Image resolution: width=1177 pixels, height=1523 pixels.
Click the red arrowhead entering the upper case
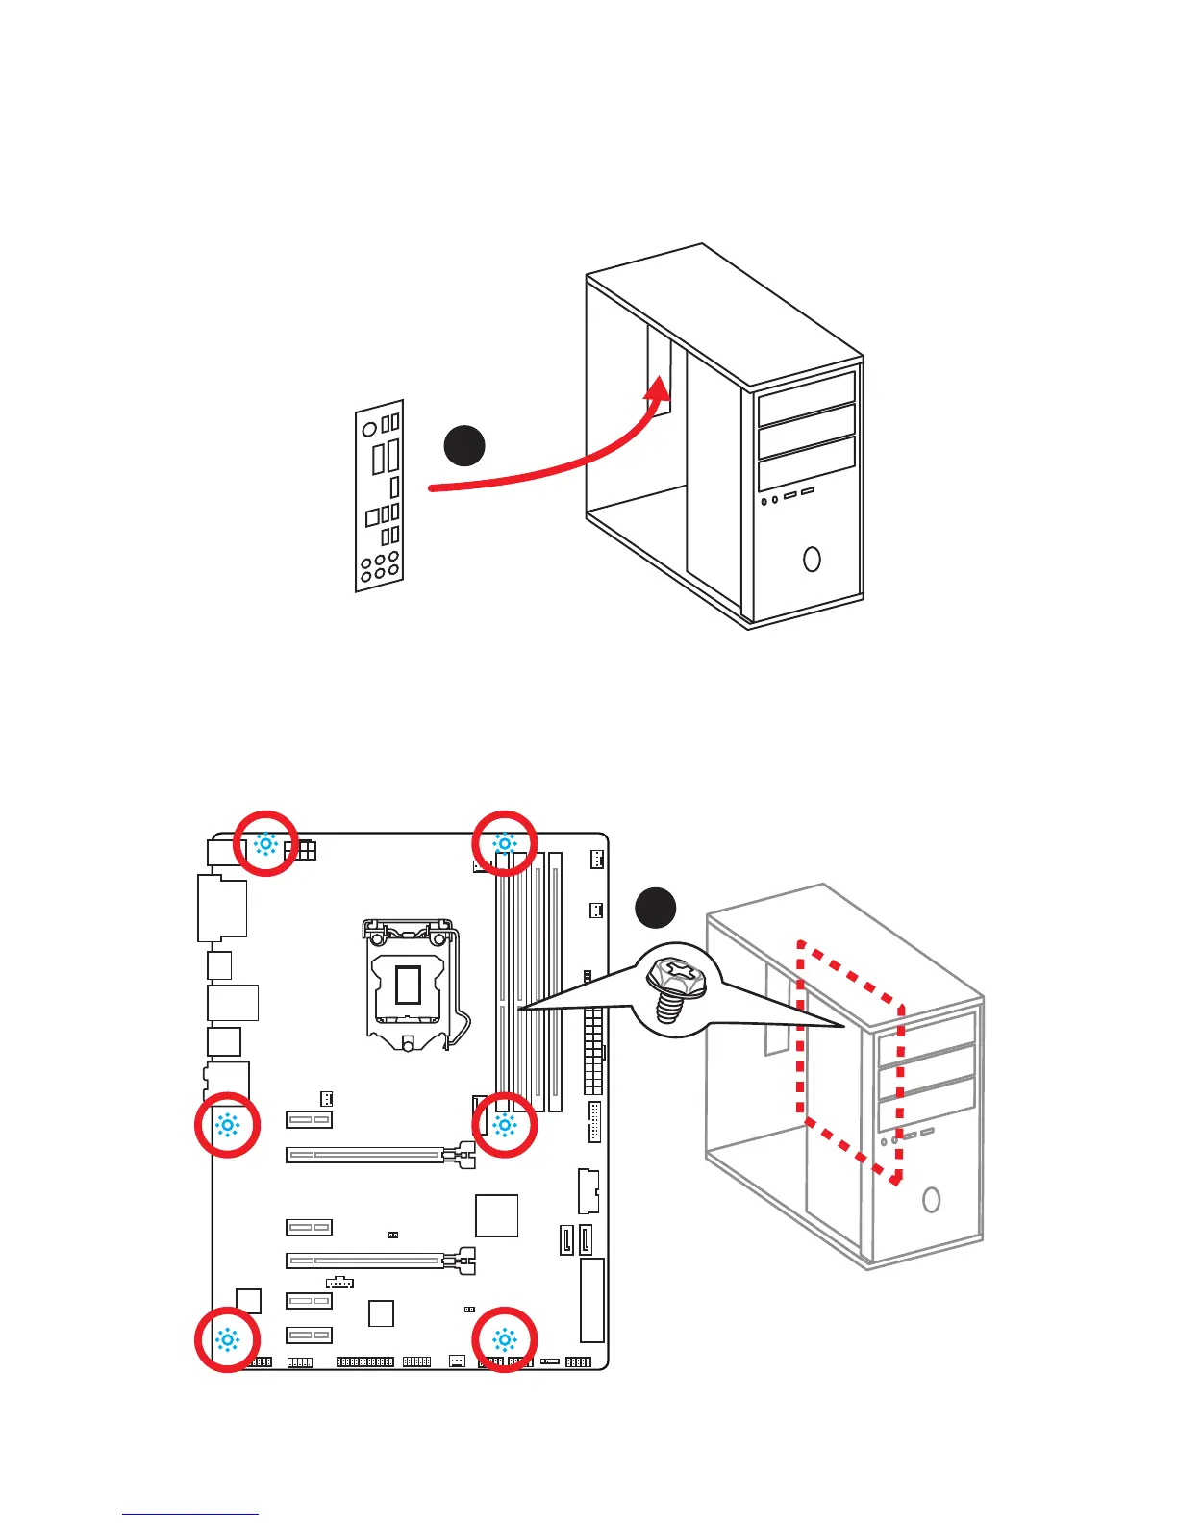pos(658,393)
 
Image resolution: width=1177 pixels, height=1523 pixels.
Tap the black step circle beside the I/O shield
pos(464,445)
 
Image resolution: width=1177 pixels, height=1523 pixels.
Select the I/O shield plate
pos(379,495)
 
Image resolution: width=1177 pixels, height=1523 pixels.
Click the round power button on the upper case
pos(812,559)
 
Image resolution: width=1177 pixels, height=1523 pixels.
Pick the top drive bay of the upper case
pos(806,399)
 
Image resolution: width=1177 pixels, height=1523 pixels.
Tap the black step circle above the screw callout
pos(656,908)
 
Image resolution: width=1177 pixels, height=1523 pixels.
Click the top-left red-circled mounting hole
pos(265,844)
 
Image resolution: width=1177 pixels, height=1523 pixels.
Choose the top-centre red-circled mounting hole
pos(504,844)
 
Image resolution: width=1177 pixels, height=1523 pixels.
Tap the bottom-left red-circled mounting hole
pos(227,1339)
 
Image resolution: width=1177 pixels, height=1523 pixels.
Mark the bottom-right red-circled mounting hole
pos(504,1339)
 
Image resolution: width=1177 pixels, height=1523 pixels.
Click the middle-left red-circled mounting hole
pos(227,1125)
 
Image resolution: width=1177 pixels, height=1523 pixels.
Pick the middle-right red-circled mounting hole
pos(504,1125)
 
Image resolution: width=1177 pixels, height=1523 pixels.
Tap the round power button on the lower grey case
pos(930,1199)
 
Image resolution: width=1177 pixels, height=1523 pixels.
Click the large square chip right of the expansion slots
pos(497,1215)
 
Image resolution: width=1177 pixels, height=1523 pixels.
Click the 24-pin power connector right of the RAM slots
pos(592,1051)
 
